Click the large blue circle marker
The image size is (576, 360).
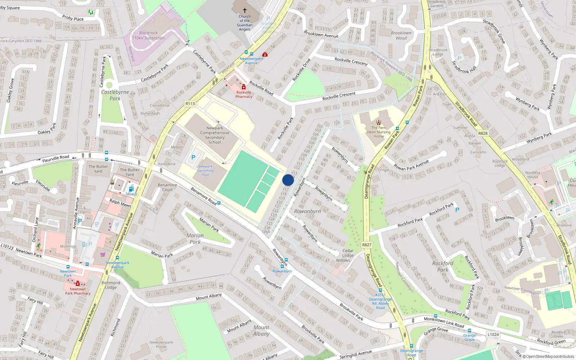coord(288,180)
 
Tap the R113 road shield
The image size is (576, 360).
coord(190,104)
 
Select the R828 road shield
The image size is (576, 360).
coord(483,133)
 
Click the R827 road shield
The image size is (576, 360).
coord(366,245)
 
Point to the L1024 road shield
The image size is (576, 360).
coord(493,334)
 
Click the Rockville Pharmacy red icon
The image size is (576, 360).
coord(244,87)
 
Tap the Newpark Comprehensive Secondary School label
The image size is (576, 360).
coord(215,135)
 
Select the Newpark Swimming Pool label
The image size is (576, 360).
coord(205,171)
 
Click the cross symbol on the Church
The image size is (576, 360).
coord(245,10)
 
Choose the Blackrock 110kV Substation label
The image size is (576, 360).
coord(148,35)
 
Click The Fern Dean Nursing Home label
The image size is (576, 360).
coord(379,132)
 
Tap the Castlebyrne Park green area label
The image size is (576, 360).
coord(115,95)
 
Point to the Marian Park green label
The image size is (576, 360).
coord(195,239)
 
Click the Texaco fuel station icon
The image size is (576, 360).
coord(131,189)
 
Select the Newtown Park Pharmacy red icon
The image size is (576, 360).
coord(77,284)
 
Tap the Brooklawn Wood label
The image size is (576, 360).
coord(401,35)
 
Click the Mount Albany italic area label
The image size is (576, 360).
coord(261,330)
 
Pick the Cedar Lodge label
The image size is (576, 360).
coord(348,253)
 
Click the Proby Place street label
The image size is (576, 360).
coord(73,18)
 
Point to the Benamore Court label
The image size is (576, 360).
coord(167,187)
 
